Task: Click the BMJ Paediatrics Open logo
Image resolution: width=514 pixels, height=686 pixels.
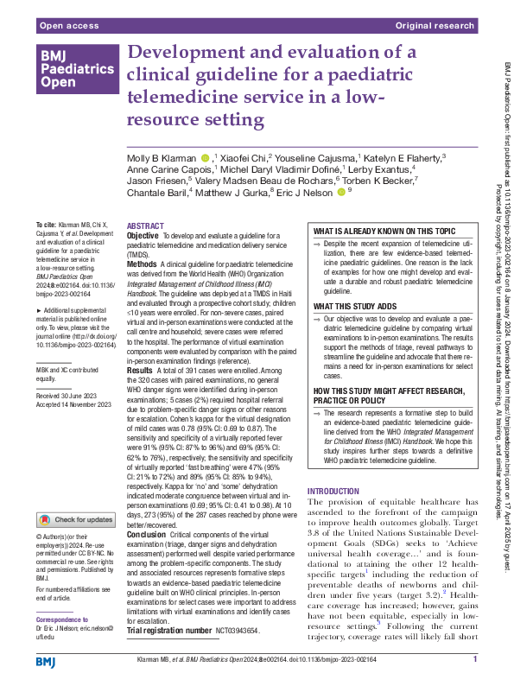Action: (76, 69)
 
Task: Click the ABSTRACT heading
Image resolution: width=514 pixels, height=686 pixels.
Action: (144, 224)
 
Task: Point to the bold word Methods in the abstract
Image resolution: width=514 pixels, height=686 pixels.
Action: (143, 260)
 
